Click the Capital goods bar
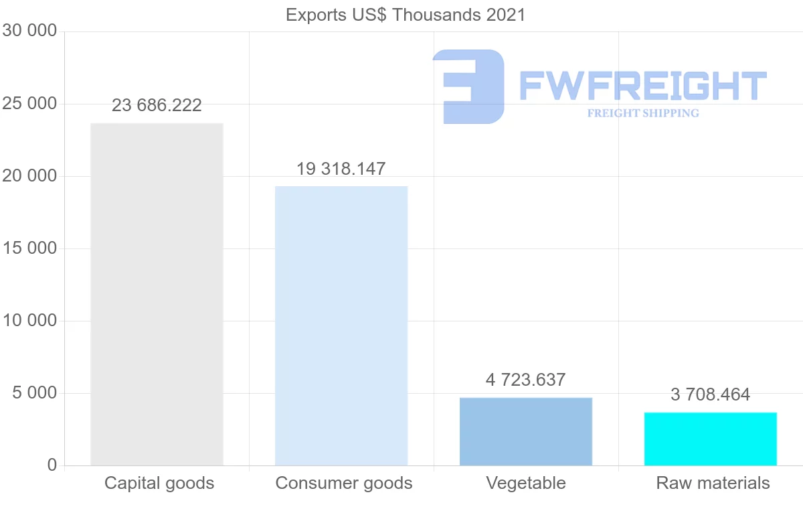tap(157, 294)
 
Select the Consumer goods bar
tap(341, 325)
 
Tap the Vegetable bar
tap(526, 431)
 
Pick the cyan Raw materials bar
tap(711, 439)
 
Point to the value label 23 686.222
tap(157, 106)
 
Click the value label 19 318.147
tap(341, 169)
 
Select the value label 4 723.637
tap(526, 380)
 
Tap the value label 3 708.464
tap(711, 395)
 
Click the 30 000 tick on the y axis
tap(29, 31)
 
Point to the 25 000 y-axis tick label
tap(29, 104)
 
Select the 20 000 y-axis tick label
tap(29, 176)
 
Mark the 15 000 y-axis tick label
tap(29, 248)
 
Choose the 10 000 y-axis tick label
tap(29, 321)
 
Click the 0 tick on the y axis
tap(52, 465)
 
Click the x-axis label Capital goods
tap(159, 484)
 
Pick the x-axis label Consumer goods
tap(344, 484)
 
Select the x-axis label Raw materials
tap(713, 484)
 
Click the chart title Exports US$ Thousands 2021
tap(406, 15)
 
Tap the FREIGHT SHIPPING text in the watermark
tap(643, 113)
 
